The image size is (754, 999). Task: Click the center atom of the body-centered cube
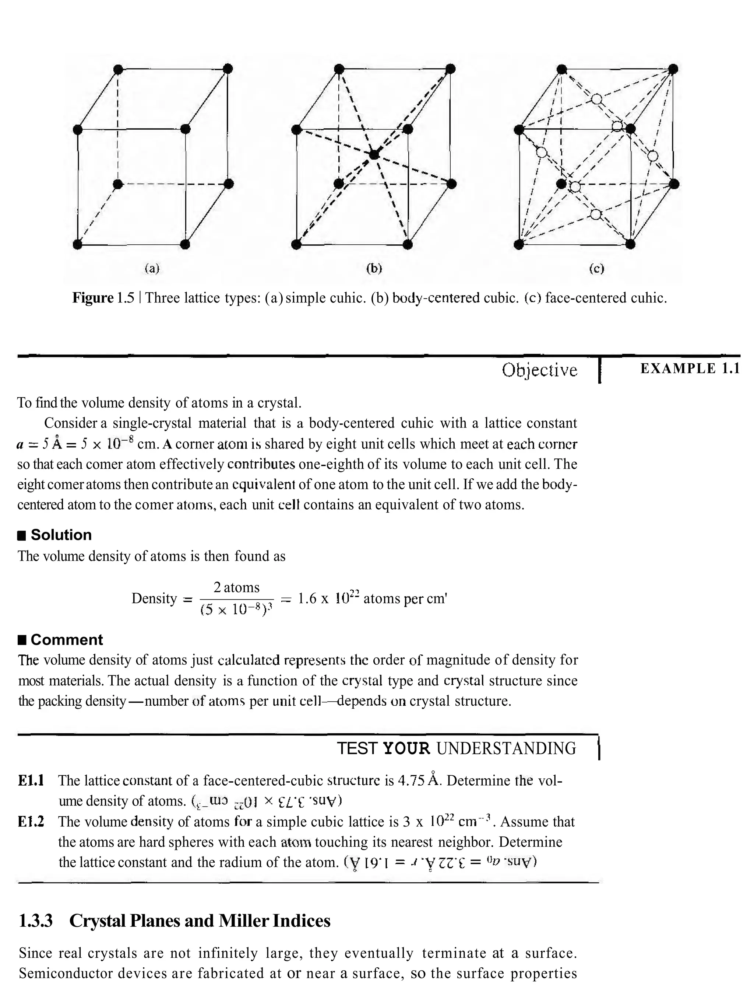pos(374,155)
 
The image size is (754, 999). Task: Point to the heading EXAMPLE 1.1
pos(690,369)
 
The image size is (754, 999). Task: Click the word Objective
pos(539,370)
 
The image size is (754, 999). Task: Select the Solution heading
pos(61,535)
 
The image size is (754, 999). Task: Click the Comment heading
pos(66,640)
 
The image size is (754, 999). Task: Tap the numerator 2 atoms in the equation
pos(236,587)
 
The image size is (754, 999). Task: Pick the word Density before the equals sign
pos(154,598)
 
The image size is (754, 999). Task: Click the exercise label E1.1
pos(31,780)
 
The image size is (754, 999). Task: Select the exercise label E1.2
pos(31,821)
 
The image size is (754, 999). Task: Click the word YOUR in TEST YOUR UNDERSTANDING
pos(406,749)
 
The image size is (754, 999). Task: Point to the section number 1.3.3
pos(36,921)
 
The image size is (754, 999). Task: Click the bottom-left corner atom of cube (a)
pos(78,244)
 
